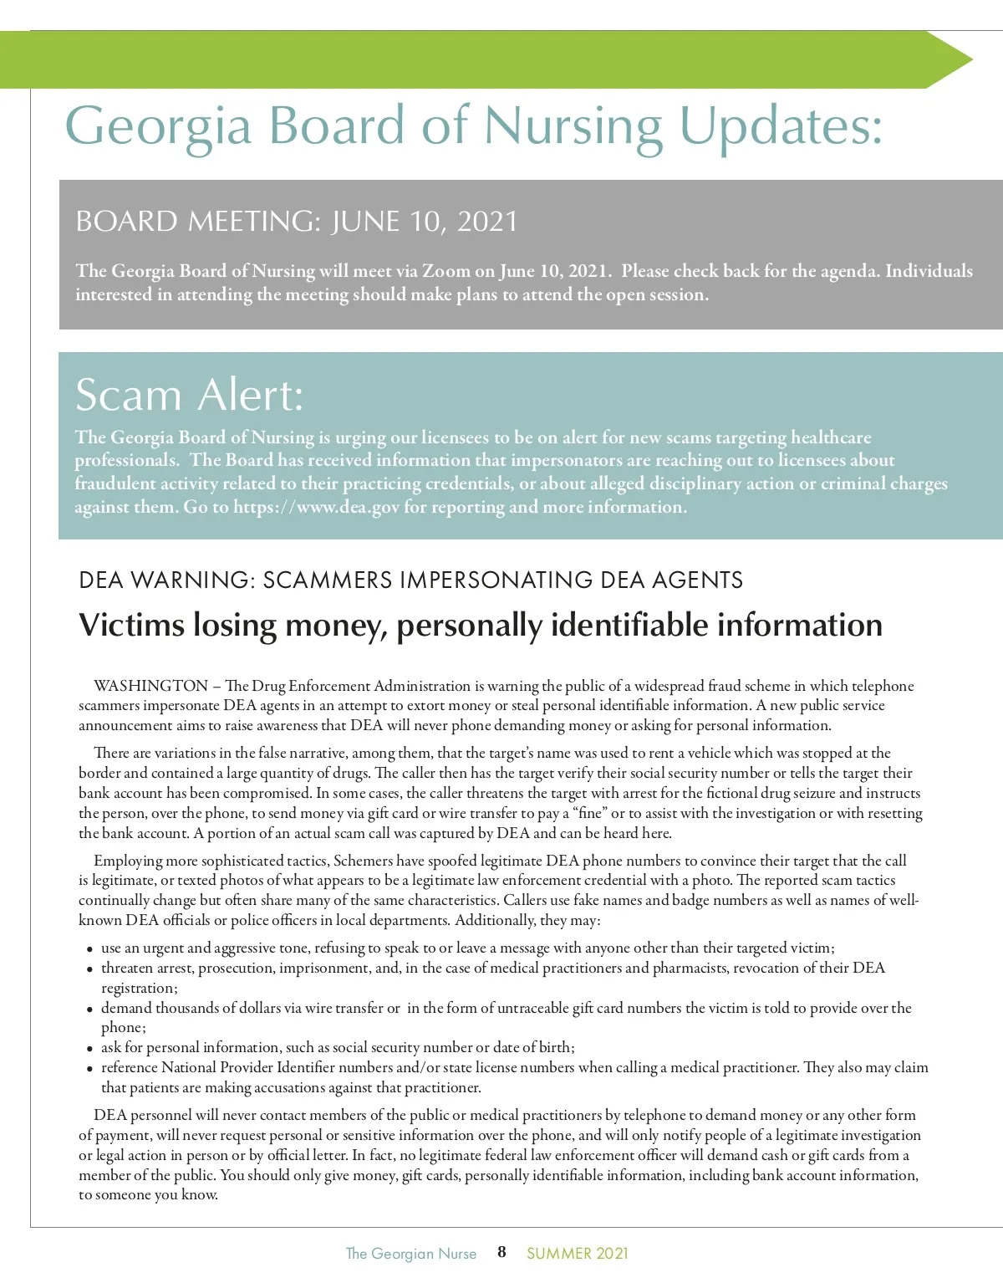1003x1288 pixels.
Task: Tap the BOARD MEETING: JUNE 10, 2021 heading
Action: [x=296, y=222]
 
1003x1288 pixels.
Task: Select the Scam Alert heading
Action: [x=189, y=395]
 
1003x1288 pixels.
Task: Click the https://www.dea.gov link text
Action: [x=316, y=507]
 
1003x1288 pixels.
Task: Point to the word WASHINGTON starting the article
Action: [x=150, y=686]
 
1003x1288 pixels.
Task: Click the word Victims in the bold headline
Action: [x=131, y=625]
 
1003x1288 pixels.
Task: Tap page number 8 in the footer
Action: [x=501, y=1252]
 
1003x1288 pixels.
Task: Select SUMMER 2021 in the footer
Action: [x=577, y=1253]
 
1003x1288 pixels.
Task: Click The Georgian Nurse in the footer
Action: [x=411, y=1253]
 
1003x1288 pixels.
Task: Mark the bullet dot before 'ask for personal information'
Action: [x=89, y=1049]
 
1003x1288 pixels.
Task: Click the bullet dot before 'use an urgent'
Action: [x=89, y=949]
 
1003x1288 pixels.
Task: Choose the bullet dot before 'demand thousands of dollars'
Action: [x=89, y=1009]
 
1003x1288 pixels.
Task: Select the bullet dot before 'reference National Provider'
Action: [x=89, y=1069]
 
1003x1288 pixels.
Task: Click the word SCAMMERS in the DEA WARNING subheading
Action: [x=328, y=580]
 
